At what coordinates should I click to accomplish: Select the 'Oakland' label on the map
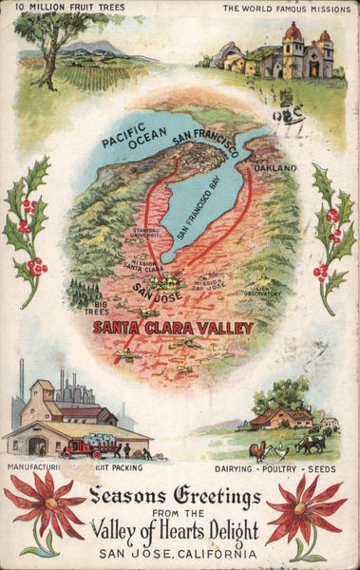(x=276, y=168)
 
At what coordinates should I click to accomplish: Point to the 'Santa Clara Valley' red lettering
(x=173, y=328)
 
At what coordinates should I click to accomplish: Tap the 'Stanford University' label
(x=146, y=232)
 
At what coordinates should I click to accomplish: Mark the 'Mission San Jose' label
(x=209, y=283)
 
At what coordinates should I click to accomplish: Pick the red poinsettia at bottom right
(x=306, y=510)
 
